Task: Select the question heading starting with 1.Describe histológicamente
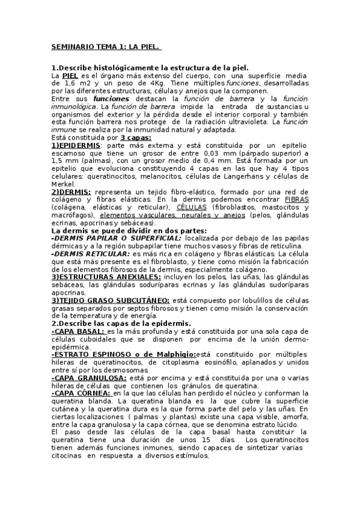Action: click(150, 68)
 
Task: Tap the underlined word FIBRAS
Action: click(296, 200)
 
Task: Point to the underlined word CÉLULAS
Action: click(188, 207)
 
